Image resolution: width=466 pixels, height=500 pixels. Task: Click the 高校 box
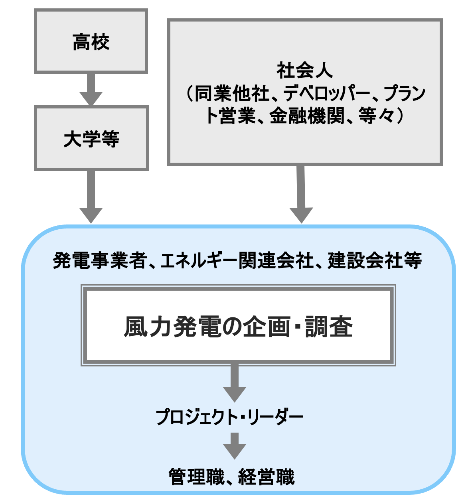point(91,41)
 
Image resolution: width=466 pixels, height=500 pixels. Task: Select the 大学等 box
point(91,139)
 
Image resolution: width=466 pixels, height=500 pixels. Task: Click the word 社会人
point(305,71)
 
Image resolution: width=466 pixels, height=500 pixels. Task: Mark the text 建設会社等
point(375,261)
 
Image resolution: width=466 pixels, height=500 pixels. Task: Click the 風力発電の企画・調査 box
point(238,325)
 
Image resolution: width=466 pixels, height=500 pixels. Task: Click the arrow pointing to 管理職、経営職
point(235,446)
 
